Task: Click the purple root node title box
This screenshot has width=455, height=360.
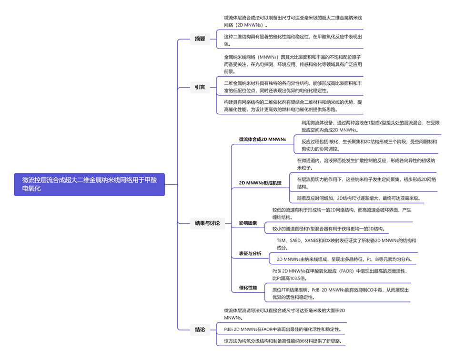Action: tap(90, 184)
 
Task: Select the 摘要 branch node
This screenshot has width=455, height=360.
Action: tap(200, 39)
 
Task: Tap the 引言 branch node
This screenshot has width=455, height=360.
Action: tap(200, 87)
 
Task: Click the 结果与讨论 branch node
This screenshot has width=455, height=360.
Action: tap(207, 223)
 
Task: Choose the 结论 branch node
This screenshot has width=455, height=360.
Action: tap(200, 329)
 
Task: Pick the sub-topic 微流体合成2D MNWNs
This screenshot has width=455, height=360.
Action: tap(262, 139)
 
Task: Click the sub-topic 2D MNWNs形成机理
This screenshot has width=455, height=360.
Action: tap(260, 183)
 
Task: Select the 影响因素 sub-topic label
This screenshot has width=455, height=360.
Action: tap(248, 223)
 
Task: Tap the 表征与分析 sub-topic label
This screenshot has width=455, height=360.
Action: tap(250, 253)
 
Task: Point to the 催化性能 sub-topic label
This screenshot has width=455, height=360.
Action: tap(248, 288)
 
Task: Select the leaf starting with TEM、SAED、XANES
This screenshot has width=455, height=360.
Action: tap(346, 244)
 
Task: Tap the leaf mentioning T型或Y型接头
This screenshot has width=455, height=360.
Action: tap(370, 126)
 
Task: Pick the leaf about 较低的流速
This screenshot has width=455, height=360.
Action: tap(341, 213)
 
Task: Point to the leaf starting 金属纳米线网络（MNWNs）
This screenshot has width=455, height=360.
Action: tap(293, 64)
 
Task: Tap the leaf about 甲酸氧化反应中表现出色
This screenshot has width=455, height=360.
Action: tap(293, 40)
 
